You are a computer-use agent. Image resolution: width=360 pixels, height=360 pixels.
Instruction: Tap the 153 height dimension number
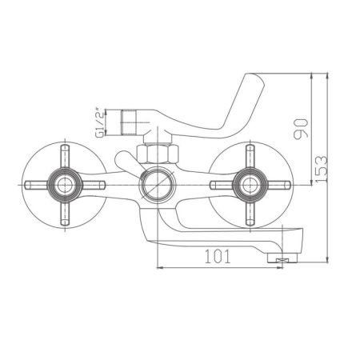tap(319, 168)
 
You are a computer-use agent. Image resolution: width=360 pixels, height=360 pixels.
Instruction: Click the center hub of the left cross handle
tap(63, 186)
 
